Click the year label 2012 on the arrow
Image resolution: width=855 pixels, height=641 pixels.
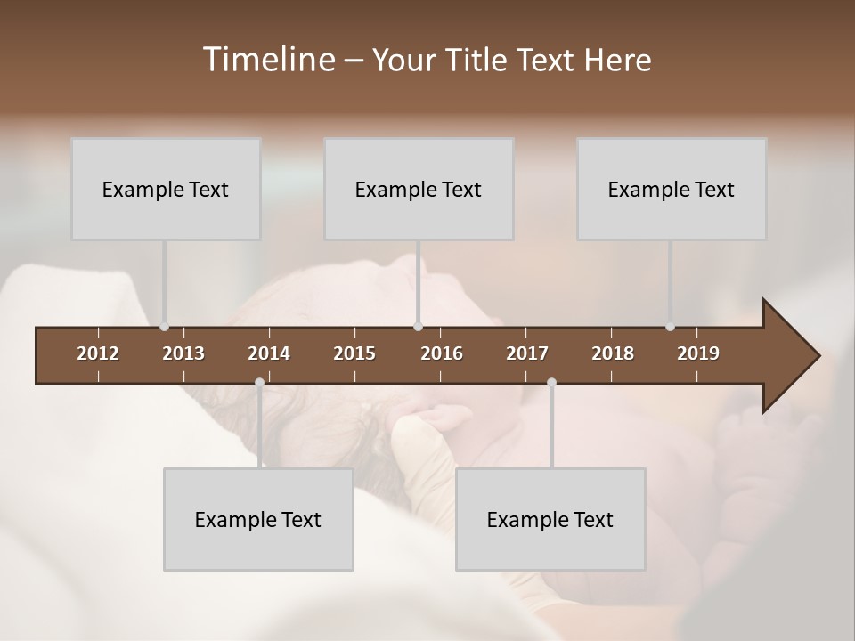click(98, 353)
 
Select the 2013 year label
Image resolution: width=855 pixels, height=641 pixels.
click(183, 353)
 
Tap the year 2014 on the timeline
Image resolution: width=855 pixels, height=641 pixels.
click(269, 353)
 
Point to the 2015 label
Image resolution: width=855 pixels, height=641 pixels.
click(354, 353)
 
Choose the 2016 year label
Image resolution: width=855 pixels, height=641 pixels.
click(442, 353)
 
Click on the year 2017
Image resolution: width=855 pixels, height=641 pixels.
click(527, 353)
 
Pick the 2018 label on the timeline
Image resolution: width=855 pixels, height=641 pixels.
click(613, 353)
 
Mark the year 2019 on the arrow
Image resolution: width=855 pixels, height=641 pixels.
click(698, 353)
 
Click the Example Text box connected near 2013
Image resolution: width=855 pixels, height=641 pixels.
click(166, 189)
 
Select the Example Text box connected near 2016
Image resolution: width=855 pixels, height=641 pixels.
click(419, 189)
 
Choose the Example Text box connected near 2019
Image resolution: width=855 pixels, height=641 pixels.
click(672, 189)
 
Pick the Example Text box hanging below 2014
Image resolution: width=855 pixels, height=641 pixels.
click(258, 519)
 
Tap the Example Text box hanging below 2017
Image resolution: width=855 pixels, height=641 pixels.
click(550, 519)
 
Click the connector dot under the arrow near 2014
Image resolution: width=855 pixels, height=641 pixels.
click(259, 382)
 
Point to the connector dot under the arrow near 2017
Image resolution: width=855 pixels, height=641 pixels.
click(551, 382)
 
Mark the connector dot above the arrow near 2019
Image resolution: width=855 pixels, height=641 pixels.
click(670, 327)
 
